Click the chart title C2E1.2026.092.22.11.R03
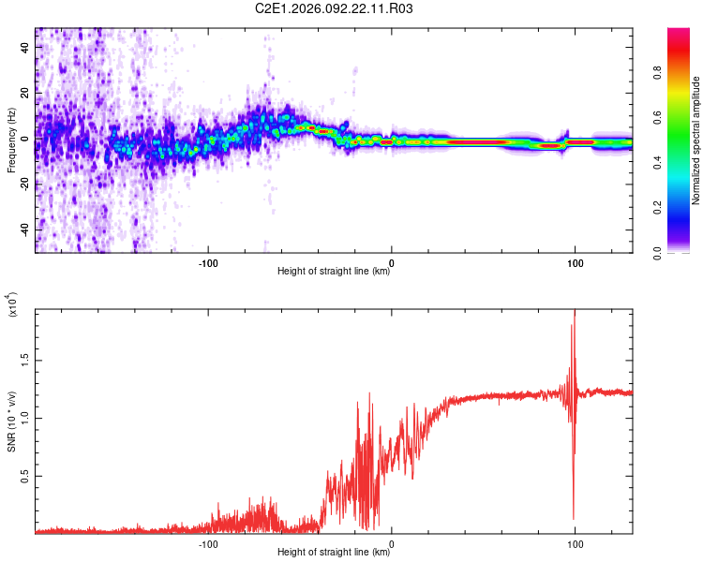(335, 8)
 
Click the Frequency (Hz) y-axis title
(11, 140)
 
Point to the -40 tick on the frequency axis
(24, 229)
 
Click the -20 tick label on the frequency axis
(24, 185)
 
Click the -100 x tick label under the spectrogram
(208, 261)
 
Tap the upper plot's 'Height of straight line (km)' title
(334, 273)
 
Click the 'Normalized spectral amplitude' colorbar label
(696, 140)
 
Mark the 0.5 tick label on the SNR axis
(23, 476)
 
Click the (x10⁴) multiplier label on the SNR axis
(12, 306)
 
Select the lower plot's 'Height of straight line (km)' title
(334, 553)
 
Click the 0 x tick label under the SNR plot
(391, 542)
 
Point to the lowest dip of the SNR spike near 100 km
(574, 519)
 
